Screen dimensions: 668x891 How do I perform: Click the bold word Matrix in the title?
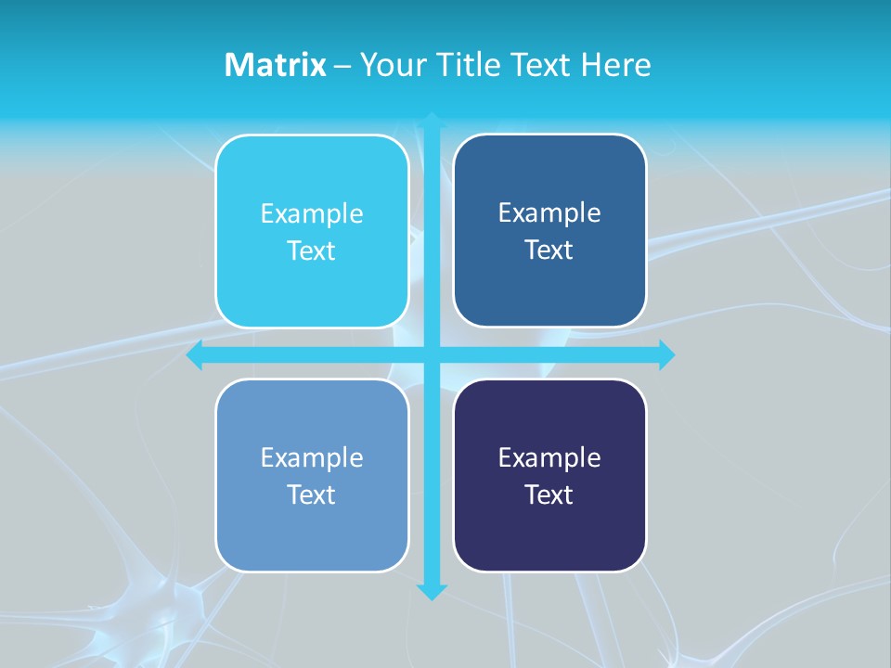[275, 65]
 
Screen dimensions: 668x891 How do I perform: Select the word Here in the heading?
[615, 65]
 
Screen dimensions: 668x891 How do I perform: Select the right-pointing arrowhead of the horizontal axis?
[666, 355]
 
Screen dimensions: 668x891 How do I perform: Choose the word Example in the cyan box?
[312, 214]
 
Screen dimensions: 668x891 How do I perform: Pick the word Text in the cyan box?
[312, 251]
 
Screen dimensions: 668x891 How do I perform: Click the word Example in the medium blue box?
[549, 213]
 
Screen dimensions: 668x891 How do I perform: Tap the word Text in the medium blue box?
[549, 250]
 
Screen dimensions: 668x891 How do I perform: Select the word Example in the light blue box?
[312, 458]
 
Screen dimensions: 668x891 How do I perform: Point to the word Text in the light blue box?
[312, 495]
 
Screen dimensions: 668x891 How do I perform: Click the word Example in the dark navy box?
[549, 458]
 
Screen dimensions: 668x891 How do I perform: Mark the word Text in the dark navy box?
[549, 495]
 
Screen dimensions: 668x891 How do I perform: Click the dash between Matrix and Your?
[342, 66]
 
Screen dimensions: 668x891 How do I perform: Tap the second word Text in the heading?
[540, 65]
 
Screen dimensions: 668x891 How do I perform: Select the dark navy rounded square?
[549, 538]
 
